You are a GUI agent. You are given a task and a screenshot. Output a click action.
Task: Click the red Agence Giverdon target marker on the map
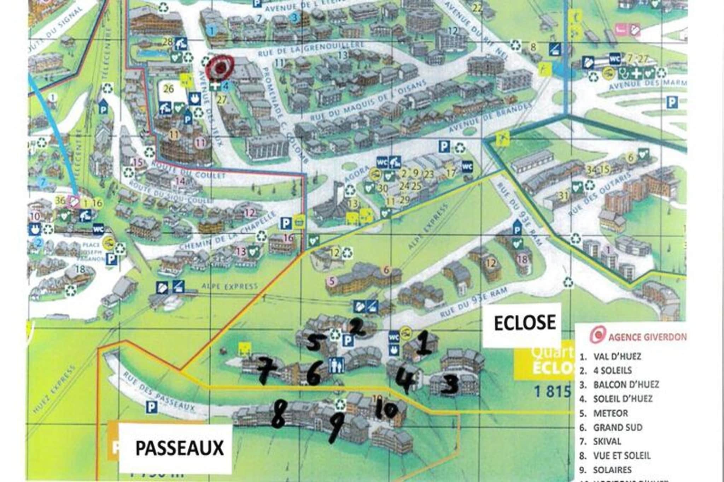220,67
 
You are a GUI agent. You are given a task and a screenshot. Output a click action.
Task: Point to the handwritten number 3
449,385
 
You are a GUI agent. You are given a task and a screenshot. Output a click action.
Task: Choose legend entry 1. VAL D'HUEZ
611,356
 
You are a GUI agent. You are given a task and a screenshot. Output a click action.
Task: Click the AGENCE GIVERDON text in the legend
647,337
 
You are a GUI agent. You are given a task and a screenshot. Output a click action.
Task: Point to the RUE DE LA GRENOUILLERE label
311,50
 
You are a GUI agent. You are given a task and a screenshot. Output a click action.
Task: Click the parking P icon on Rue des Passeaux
152,408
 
